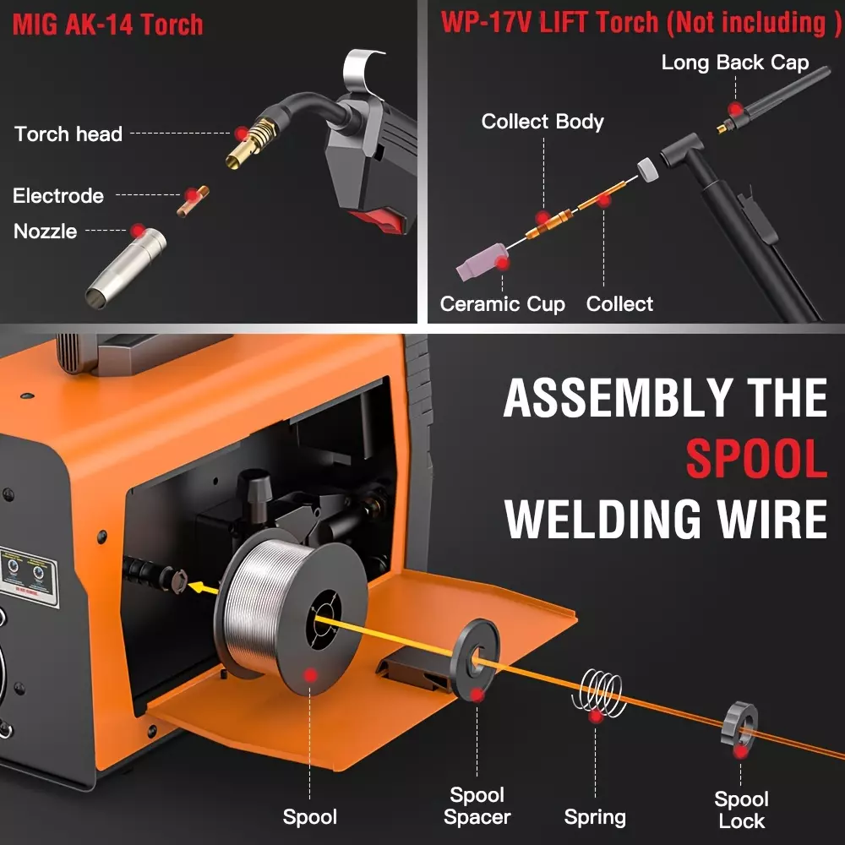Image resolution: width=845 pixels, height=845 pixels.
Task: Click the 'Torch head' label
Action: [68, 134]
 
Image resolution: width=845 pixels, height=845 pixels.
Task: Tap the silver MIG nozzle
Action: [126, 269]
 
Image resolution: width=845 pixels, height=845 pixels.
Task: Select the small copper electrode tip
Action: [193, 201]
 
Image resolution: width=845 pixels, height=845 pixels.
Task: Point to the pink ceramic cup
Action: [482, 261]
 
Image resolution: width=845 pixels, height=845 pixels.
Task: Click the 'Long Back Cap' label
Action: [735, 63]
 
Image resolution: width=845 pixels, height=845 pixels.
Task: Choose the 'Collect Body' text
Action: [542, 121]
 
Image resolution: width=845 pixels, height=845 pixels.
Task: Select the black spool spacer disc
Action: [475, 659]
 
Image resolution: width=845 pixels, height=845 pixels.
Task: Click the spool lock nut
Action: [739, 724]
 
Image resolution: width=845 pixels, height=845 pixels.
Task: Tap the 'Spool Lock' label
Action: [741, 810]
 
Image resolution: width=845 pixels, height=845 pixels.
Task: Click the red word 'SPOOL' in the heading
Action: [756, 459]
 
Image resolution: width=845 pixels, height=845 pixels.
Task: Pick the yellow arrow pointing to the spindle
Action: [203, 587]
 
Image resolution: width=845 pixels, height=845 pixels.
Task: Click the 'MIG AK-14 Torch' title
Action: [108, 25]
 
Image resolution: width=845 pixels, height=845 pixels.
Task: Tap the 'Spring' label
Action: [595, 817]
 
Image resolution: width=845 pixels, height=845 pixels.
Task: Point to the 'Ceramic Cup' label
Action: [502, 304]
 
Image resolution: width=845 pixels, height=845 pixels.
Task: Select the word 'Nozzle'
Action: [46, 232]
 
